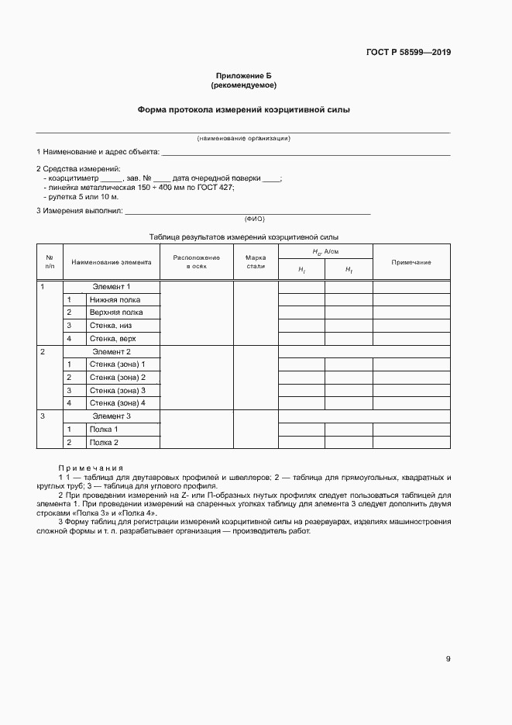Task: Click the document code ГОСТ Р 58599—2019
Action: click(408, 53)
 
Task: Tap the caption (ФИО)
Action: click(254, 219)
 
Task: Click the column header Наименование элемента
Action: click(112, 262)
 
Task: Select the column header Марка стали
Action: click(256, 262)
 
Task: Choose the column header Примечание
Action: click(411, 262)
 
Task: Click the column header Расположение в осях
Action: click(196, 262)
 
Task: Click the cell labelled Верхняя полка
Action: click(116, 312)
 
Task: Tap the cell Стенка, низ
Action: click(111, 326)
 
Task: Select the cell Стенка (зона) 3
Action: click(117, 390)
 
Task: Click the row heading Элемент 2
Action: click(112, 351)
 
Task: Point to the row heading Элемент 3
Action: click(112, 416)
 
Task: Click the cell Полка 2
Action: click(104, 442)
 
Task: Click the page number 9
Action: click(448, 659)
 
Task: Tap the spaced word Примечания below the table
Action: click(91, 468)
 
